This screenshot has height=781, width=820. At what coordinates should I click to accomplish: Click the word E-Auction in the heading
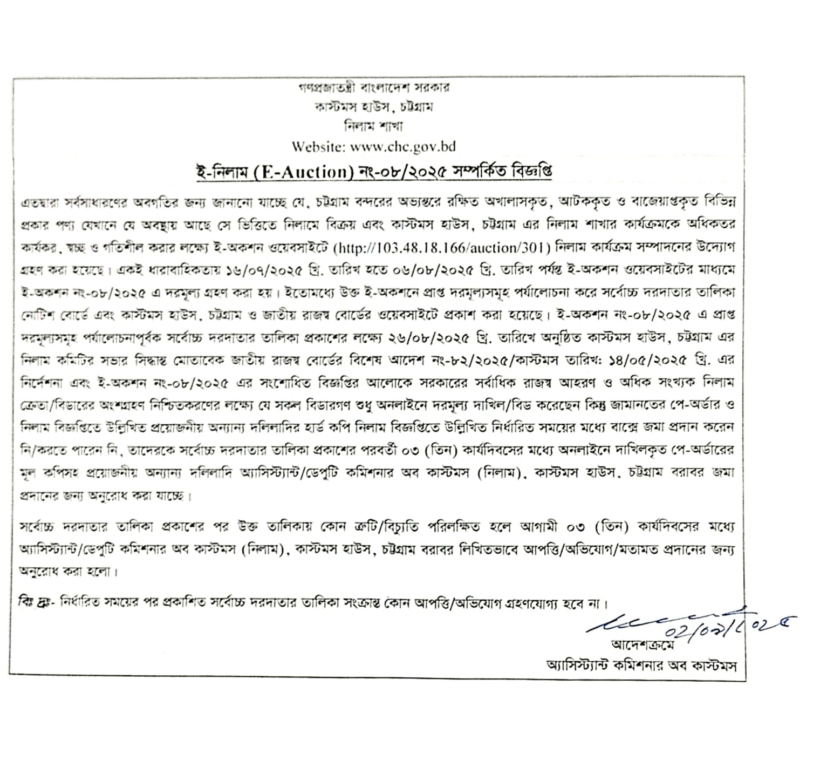tap(306, 172)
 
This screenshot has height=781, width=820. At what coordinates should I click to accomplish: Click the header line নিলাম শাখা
tap(374, 127)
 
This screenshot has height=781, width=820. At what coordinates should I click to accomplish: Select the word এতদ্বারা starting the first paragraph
tap(38, 203)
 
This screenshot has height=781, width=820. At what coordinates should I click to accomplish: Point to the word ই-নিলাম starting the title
tap(219, 172)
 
